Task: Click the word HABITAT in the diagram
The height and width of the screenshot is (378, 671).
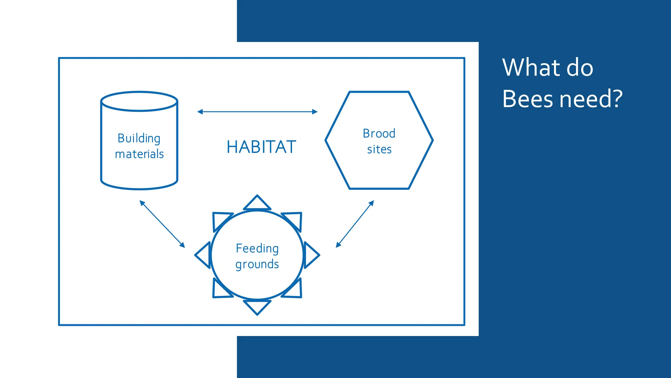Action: [x=261, y=147]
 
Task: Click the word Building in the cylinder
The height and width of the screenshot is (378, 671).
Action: [x=139, y=138]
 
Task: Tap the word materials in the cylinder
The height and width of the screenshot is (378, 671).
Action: [x=139, y=154]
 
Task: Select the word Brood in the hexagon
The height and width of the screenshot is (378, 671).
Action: [x=379, y=134]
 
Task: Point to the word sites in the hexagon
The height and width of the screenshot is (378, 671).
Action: [x=379, y=149]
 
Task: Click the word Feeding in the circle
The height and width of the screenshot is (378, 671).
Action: [x=257, y=248]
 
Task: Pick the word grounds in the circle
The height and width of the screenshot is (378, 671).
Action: [x=257, y=264]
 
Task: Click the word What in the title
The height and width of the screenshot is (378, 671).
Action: [x=531, y=68]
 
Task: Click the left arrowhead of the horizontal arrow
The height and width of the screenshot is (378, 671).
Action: [x=200, y=112]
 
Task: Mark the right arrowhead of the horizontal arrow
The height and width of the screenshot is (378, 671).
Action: [x=315, y=112]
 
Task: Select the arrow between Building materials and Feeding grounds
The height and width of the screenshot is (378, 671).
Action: [x=162, y=224]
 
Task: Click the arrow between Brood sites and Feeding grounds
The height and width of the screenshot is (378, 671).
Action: [x=355, y=224]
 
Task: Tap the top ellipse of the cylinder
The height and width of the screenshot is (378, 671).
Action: [x=139, y=101]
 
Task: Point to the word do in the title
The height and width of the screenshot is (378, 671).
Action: [x=580, y=68]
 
